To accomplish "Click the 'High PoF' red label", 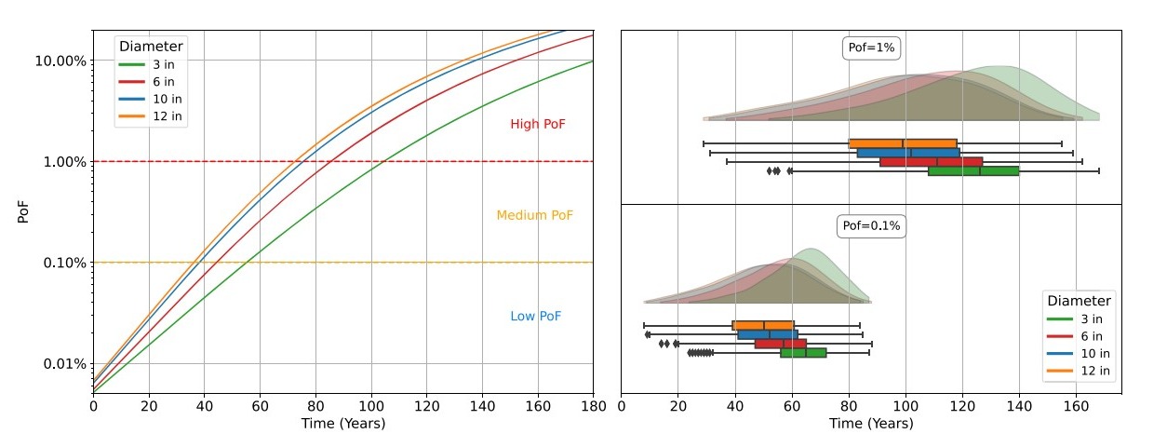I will pos(537,125).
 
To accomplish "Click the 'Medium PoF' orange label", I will pos(534,216).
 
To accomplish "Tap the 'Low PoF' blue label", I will pos(536,317).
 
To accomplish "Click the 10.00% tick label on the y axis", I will pos(60,61).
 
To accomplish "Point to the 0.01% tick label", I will pos(63,363).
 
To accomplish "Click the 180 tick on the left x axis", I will pos(593,406).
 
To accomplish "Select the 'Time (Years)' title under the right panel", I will pos(871,424).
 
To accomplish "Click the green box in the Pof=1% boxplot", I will pos(973,171).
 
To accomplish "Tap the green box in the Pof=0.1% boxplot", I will pos(803,353).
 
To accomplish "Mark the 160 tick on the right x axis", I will pos(1076,406).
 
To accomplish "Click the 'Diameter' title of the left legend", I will pos(151,47).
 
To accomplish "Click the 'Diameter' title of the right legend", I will pos(1079,301).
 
